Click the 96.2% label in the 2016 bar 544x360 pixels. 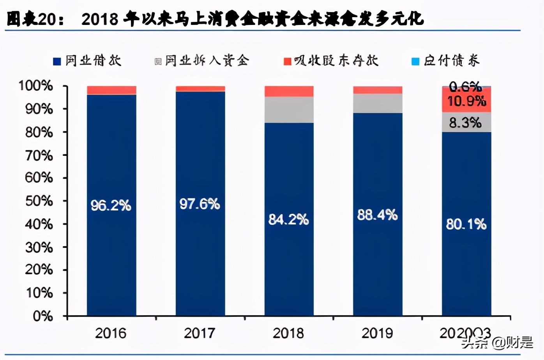111,205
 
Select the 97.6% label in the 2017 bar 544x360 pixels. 200,204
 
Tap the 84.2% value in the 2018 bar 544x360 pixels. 288,220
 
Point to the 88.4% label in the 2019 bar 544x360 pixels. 377,215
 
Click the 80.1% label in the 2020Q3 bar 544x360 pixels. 466,224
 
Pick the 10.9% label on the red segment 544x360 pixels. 466,101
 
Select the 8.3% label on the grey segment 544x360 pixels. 465,123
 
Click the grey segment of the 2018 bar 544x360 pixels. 289,110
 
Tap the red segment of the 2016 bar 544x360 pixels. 111,90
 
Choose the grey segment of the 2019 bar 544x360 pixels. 378,104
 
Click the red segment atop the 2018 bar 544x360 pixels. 289,92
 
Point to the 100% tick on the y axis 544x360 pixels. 36,86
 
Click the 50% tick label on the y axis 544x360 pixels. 39,201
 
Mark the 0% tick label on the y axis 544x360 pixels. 42,316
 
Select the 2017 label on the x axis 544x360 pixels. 200,334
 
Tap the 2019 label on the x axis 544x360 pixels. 377,334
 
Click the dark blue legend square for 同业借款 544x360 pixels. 57,62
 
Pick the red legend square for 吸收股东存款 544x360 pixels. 288,62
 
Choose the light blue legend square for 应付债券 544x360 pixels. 415,62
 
